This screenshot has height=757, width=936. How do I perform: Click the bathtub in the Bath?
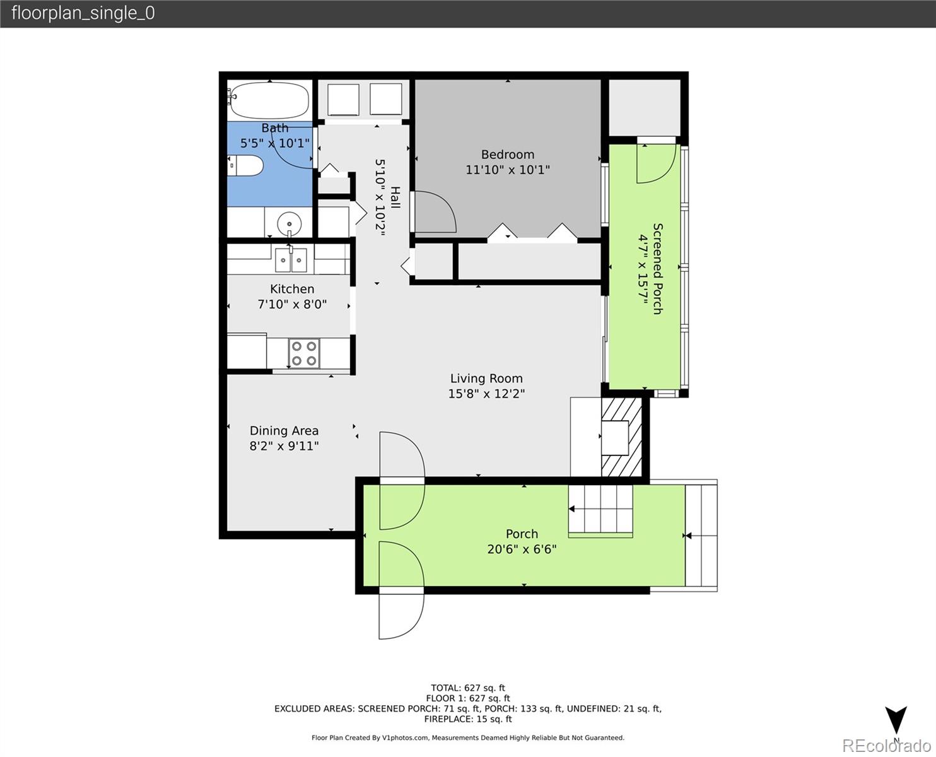point(269,100)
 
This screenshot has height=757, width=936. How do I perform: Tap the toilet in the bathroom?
point(245,166)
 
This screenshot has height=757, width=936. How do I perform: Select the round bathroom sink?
point(290,223)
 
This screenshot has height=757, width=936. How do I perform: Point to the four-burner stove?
point(304,353)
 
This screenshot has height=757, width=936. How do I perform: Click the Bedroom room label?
point(508,155)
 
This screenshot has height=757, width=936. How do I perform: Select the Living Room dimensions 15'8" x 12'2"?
point(486,394)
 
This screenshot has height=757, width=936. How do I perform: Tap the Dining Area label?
point(284,431)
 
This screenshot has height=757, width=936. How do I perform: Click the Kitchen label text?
point(292,289)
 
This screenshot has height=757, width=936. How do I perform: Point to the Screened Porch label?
point(657,269)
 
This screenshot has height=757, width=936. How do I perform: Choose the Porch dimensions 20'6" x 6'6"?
point(522,549)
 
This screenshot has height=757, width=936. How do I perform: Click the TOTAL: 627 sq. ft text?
point(468,688)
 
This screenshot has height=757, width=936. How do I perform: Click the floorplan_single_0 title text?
point(83,13)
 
